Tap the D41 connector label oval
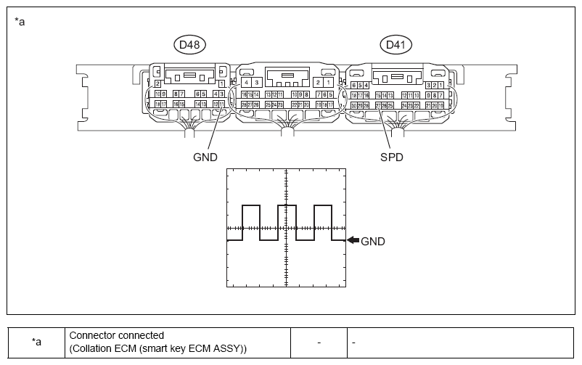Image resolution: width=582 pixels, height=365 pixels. (396, 45)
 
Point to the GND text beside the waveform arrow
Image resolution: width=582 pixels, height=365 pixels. (372, 242)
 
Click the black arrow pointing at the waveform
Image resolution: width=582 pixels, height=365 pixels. (352, 241)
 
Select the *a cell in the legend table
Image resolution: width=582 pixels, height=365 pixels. (36, 342)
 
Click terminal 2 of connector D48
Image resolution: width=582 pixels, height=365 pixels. (158, 84)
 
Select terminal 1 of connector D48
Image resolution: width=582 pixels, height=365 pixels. (220, 84)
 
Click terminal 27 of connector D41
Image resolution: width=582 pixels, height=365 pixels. (379, 105)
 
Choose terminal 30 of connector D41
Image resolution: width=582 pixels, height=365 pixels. (353, 105)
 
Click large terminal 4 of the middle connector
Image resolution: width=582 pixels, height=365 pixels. (247, 83)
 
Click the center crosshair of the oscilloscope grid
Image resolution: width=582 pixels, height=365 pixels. (287, 228)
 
